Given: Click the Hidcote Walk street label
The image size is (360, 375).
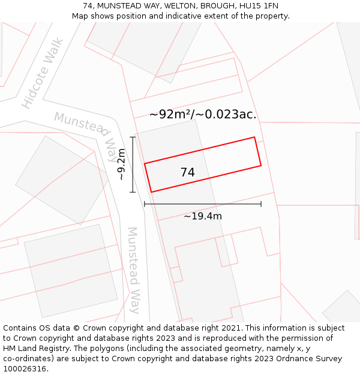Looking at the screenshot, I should (x=43, y=73).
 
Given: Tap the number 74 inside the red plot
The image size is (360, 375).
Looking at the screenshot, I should (x=187, y=172).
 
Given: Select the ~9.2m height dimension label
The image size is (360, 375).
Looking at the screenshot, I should (x=122, y=164).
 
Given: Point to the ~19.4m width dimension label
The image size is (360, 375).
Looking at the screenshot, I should (x=203, y=216).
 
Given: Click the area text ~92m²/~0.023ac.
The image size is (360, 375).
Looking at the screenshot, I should (x=203, y=114).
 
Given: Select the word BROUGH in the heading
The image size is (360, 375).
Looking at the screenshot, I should (x=215, y=5).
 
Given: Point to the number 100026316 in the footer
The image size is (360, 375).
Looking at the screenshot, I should (x=25, y=368).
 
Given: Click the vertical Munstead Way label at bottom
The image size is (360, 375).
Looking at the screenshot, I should (x=133, y=270).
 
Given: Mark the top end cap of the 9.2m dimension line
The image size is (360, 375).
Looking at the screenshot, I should (x=133, y=137).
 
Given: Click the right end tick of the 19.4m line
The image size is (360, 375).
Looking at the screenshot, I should (x=261, y=204).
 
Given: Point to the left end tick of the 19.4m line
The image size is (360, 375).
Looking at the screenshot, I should (x=145, y=204).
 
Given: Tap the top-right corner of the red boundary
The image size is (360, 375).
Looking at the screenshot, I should (x=254, y=137).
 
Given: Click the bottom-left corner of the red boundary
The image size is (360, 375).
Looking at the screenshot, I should (x=151, y=192).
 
